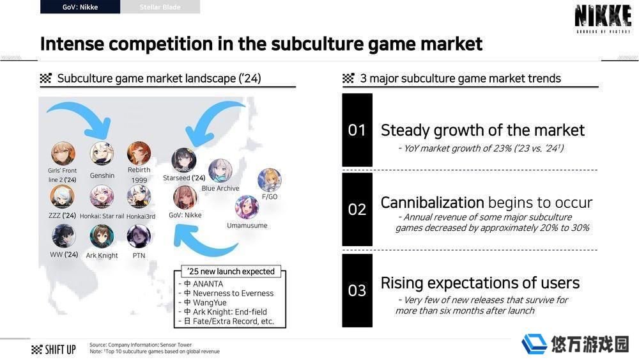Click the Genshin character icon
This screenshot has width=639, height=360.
102,153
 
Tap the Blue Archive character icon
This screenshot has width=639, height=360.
220,171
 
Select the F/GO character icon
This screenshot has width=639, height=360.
270,180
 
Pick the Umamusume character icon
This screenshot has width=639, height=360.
247,207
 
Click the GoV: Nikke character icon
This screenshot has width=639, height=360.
185,198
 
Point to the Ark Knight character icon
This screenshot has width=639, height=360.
102,237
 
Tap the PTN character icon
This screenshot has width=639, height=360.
139,237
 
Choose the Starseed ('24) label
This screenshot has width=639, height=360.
184,178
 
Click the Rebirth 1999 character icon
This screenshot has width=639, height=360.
139,153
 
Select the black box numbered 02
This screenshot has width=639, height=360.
357,209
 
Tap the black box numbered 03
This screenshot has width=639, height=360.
357,290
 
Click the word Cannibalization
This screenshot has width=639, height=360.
433,202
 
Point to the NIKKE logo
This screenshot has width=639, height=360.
603,19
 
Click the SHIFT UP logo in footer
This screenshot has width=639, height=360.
54,349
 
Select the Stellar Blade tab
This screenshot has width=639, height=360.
160,7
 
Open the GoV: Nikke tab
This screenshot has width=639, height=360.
81,7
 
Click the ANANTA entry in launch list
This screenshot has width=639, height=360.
203,284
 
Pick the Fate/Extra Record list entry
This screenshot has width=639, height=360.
229,321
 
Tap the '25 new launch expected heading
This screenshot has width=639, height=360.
231,272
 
